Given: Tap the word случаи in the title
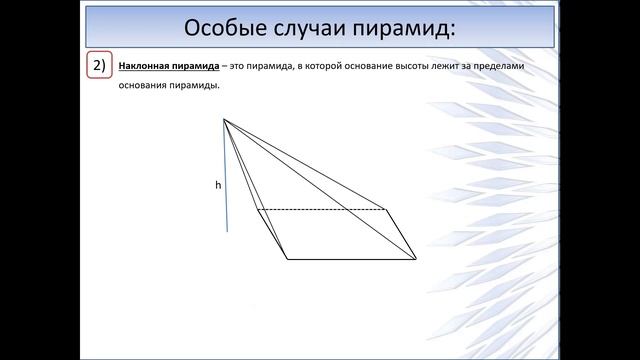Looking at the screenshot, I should click(x=299, y=24).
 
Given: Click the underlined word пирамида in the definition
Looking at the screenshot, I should click(x=194, y=65).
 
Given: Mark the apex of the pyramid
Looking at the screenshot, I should click(x=223, y=119).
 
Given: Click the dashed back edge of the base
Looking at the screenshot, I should click(x=320, y=210).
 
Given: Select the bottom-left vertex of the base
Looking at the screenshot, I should click(x=287, y=259).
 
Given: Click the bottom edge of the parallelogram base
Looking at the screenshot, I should click(x=350, y=259).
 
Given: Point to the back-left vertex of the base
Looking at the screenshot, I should click(x=257, y=210).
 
